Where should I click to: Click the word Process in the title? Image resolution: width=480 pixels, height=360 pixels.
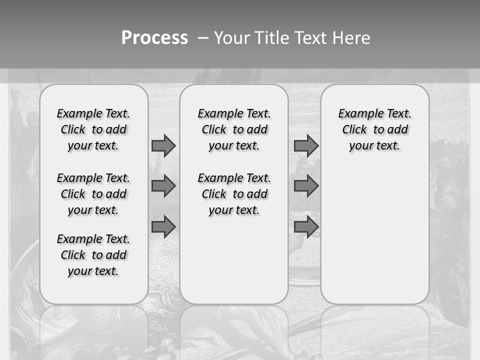(154, 38)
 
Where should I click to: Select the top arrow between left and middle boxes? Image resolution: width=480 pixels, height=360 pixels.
(163, 145)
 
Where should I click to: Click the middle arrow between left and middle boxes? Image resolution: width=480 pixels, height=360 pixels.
(163, 186)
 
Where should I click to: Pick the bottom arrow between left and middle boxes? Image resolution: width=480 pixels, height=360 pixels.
(163, 227)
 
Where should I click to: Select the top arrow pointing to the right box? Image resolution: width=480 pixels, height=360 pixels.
(306, 145)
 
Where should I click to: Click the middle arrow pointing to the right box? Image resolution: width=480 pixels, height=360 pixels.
(306, 186)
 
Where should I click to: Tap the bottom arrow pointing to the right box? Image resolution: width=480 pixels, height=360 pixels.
(306, 227)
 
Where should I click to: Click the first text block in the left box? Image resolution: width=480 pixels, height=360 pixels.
(93, 129)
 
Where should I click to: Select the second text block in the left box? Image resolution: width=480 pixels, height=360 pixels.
(93, 194)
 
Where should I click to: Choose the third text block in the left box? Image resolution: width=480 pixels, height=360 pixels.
(93, 255)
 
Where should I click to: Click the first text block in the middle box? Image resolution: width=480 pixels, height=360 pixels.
(234, 129)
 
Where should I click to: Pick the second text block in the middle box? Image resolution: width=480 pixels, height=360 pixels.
(234, 194)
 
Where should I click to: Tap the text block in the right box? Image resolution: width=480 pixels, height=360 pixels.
(374, 129)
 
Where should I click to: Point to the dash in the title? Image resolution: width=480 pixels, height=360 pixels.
(203, 38)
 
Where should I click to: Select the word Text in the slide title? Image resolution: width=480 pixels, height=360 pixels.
(311, 38)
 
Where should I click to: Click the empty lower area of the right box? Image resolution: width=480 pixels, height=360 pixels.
(374, 235)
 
